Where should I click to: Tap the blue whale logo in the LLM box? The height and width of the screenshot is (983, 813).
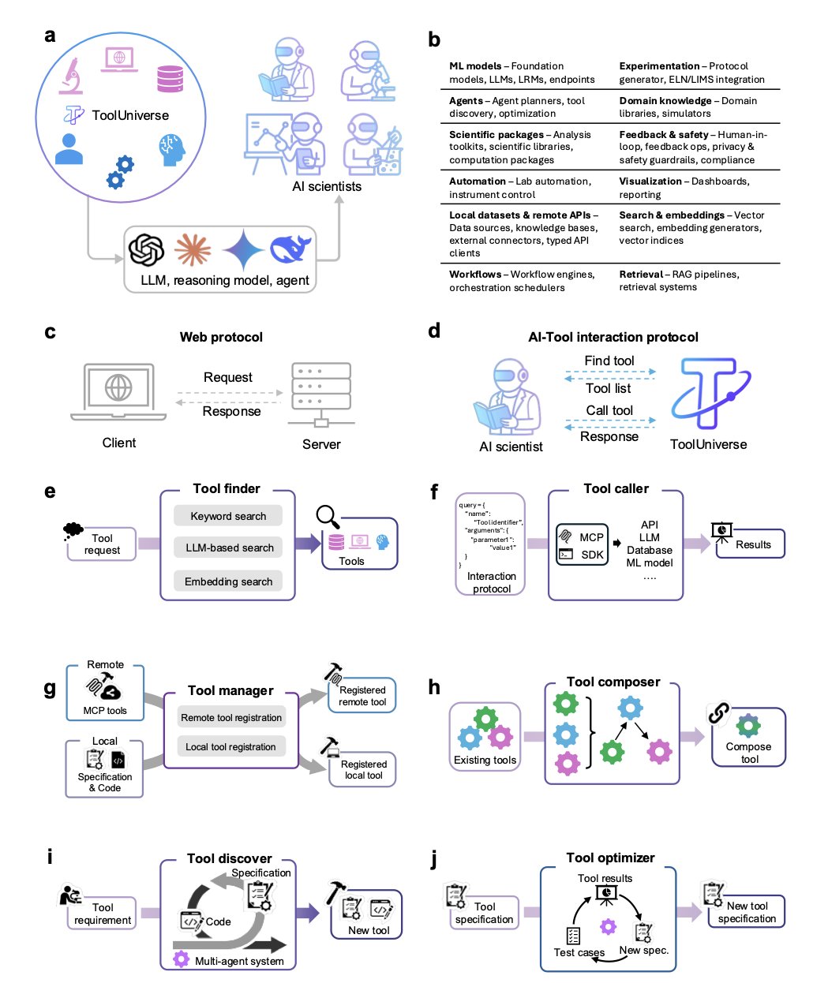290,249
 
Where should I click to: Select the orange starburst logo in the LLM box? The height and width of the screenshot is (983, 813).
193,250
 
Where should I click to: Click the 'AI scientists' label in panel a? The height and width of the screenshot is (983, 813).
327,187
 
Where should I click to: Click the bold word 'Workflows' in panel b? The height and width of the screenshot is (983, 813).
474,275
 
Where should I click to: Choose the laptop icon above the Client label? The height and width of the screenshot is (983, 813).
118,392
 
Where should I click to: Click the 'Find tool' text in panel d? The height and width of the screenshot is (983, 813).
609,361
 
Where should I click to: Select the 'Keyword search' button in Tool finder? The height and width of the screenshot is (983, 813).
228,516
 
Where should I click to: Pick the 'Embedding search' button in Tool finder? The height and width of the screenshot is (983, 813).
228,581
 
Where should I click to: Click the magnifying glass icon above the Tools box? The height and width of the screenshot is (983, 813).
328,517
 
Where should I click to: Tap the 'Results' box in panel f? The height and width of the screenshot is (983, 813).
751,544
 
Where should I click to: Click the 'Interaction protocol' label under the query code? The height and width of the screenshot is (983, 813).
492,582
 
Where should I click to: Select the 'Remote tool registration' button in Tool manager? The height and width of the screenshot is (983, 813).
231,718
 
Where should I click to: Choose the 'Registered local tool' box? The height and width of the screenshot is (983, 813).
363,769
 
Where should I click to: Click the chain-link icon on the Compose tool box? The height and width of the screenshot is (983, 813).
718,713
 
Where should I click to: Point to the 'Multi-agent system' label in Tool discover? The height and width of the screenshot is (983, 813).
238,961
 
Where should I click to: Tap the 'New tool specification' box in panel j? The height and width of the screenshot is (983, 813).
747,912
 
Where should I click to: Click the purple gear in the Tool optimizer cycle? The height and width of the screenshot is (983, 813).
608,925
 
